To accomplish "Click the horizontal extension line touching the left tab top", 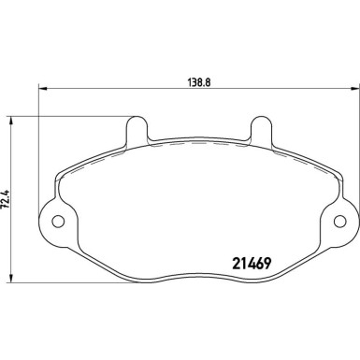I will click(x=75, y=115).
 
